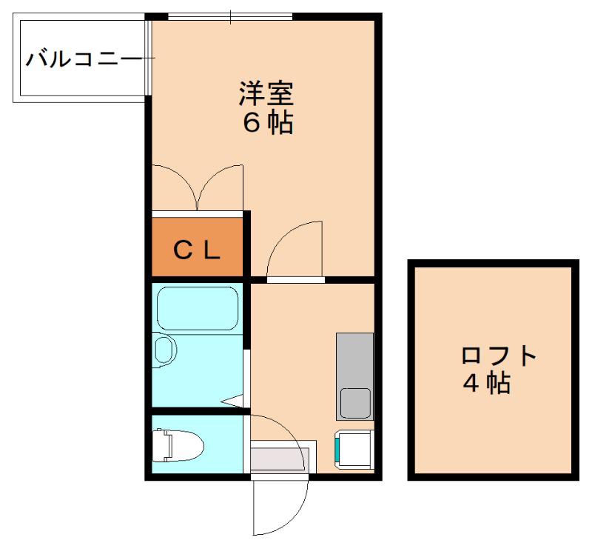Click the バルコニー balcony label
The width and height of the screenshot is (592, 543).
click(82, 59)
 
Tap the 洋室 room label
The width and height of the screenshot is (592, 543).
click(266, 94)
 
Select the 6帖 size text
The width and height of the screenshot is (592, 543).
click(268, 122)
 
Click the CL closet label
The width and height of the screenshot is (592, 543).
click(197, 250)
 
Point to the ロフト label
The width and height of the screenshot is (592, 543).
click(499, 356)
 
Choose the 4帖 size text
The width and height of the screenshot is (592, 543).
click(487, 383)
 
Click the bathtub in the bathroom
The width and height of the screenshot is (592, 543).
click(197, 308)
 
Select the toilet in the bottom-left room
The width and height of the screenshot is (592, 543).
click(178, 445)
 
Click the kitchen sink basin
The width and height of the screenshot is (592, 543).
click(355, 403)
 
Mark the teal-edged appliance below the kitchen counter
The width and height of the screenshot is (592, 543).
click(354, 450)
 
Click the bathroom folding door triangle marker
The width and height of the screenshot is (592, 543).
click(233, 401)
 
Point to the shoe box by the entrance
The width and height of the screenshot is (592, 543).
click(280, 456)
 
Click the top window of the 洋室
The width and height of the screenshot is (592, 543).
click(230, 16)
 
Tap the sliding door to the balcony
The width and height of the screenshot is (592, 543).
click(149, 58)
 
